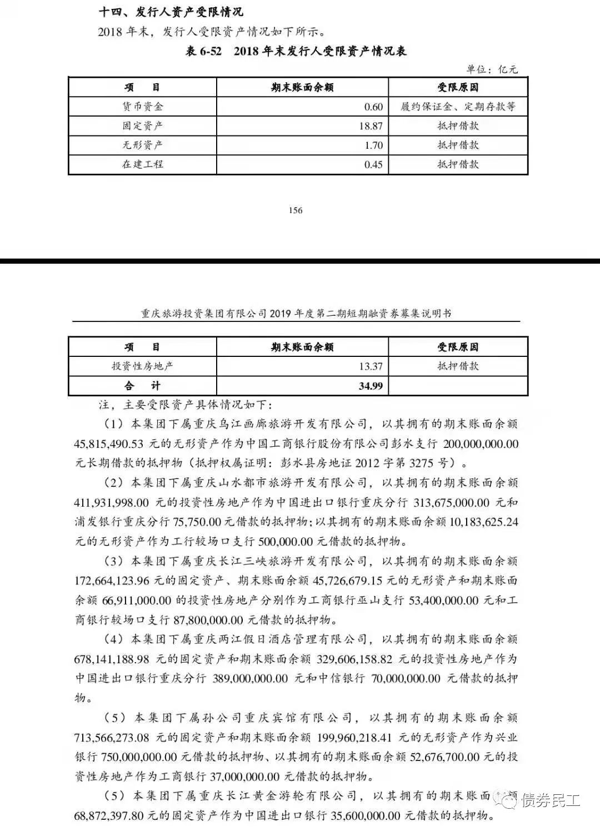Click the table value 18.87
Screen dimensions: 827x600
tap(371, 126)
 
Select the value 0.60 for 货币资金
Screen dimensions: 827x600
tap(373, 107)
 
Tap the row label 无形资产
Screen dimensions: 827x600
tap(142, 145)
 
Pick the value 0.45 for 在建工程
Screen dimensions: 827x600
tap(373, 164)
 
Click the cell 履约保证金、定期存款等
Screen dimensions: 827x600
tap(458, 107)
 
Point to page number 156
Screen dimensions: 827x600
tap(296, 210)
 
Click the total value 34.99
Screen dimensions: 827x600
tap(371, 386)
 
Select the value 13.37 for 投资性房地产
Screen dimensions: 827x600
tap(371, 366)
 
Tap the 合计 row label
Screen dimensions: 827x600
tap(142, 386)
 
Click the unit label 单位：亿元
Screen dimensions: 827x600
tap(492, 69)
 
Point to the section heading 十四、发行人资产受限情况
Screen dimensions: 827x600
tap(171, 12)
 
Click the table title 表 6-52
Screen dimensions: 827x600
tap(203, 51)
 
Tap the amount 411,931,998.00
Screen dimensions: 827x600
tap(111, 503)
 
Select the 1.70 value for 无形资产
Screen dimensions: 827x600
tap(373, 145)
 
